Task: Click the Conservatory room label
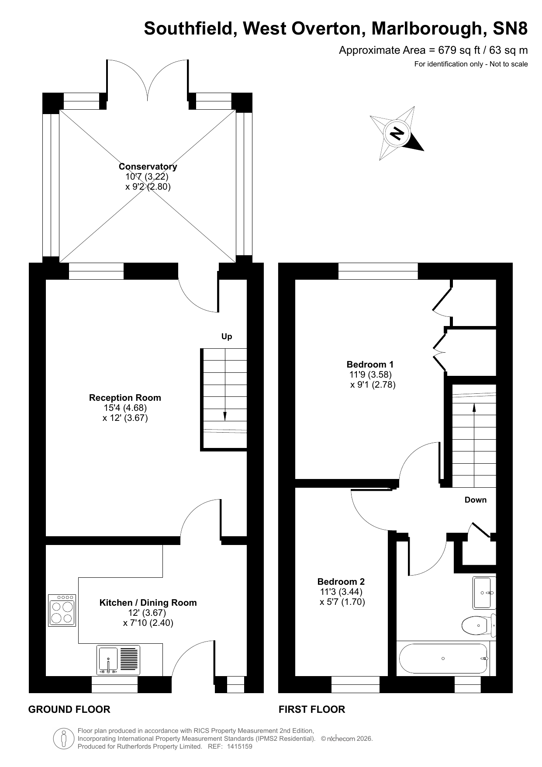pyautogui.click(x=148, y=167)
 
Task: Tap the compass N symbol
pyautogui.click(x=397, y=133)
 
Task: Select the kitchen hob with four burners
pyautogui.click(x=62, y=611)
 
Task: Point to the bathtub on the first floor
pyautogui.click(x=443, y=658)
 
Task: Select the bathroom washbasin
pyautogui.click(x=484, y=593)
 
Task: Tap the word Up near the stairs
pyautogui.click(x=227, y=337)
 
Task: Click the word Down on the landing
pyautogui.click(x=475, y=500)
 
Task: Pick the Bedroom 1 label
pyautogui.click(x=370, y=364)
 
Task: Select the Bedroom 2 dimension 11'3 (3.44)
pyautogui.click(x=341, y=592)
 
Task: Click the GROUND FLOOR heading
pyautogui.click(x=69, y=709)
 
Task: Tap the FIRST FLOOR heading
pyautogui.click(x=312, y=709)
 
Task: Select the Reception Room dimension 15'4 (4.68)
pyautogui.click(x=125, y=408)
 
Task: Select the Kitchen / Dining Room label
pyautogui.click(x=148, y=603)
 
